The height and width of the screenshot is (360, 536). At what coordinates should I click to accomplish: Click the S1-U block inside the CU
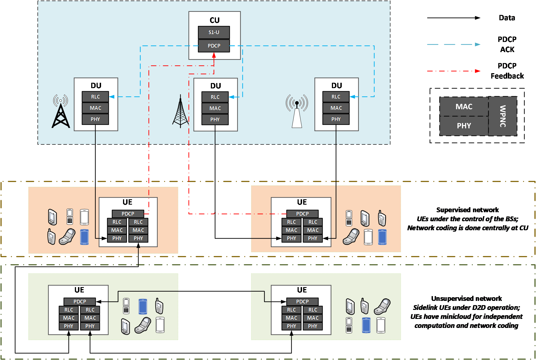[214, 32]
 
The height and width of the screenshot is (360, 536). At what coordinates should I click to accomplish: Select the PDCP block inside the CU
[214, 46]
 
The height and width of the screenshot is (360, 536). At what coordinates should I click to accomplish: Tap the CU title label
[215, 20]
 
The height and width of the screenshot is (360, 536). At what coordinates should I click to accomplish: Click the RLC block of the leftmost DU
[95, 97]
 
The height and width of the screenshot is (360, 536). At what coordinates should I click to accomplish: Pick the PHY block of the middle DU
[215, 120]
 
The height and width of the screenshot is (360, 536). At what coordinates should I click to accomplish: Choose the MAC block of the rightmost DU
[336, 108]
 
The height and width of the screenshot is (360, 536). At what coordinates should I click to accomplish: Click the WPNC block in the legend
[503, 116]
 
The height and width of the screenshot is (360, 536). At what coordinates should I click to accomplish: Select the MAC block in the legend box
[464, 107]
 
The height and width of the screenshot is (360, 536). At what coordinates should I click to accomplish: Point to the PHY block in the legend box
[464, 126]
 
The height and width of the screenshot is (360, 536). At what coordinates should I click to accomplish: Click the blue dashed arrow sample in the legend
[454, 44]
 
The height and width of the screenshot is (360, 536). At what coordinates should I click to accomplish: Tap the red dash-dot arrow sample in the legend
[454, 71]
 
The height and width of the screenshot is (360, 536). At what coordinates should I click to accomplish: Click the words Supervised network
[467, 210]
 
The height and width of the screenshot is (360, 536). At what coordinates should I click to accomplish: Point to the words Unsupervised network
[466, 299]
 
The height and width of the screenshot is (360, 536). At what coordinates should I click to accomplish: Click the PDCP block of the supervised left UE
[128, 214]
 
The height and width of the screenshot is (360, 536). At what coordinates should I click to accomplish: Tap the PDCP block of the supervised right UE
[302, 214]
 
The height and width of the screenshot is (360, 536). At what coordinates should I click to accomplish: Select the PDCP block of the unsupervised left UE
[80, 302]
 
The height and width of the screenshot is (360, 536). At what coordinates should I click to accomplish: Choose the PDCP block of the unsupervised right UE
[302, 302]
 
